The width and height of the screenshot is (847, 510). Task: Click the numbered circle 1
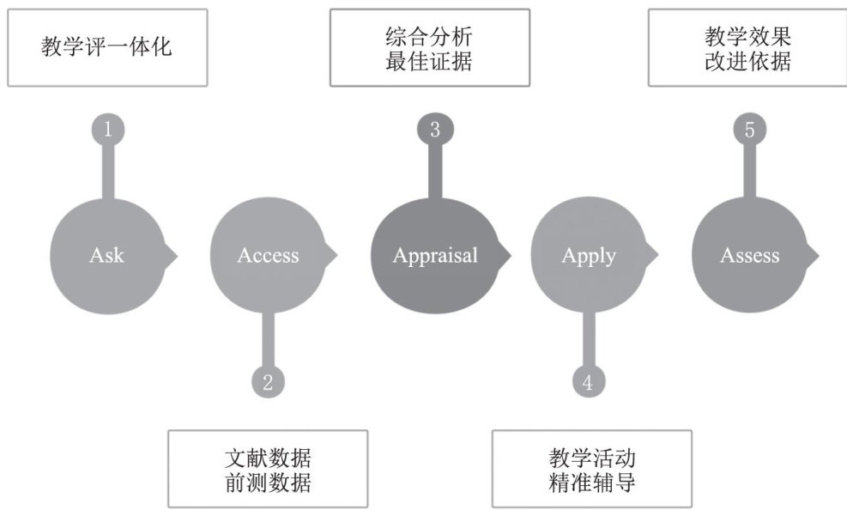coord(108,130)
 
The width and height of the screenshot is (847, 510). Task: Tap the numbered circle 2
coord(268,382)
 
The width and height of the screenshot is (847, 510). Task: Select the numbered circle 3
coord(435,130)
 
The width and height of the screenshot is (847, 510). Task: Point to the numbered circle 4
coord(588,382)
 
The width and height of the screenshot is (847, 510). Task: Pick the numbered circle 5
coord(750,130)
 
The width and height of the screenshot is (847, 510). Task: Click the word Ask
coord(106,256)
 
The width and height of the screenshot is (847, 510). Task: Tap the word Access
coord(269,256)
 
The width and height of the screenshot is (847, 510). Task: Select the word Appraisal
coord(435,256)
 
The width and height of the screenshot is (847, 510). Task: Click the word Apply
coord(589,256)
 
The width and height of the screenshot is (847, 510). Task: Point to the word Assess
coord(750,256)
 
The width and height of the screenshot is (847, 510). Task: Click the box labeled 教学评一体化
coord(107,47)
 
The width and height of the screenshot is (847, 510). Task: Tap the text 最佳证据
coord(429,62)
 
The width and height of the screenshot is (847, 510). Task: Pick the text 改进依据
coord(747,62)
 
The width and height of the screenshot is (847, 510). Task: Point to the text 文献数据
coord(268,457)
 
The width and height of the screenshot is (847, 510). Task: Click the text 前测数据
coord(268,483)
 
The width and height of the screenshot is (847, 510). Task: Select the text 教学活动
coord(592,457)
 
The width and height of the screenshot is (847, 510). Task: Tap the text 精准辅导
coord(592,483)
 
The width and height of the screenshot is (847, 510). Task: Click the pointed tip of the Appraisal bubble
coord(510,256)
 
